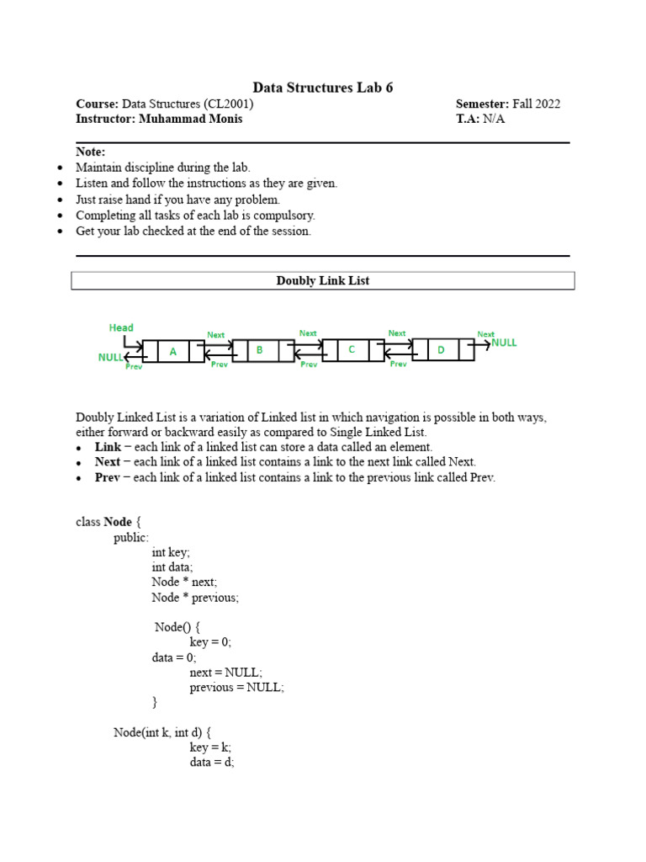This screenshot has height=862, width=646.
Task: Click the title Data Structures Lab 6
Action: [x=323, y=88]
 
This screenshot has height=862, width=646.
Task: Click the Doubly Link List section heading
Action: [x=323, y=281]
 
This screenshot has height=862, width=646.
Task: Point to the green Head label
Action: [x=121, y=327]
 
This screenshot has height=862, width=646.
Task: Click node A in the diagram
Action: [x=173, y=352]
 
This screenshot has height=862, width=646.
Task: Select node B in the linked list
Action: [x=261, y=350]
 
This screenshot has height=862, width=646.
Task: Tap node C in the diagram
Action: [x=352, y=349]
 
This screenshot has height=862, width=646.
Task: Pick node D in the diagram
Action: [x=441, y=350]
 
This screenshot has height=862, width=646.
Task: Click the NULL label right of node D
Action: [x=505, y=343]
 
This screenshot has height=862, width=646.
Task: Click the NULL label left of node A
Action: [x=110, y=358]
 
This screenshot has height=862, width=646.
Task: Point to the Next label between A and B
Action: [x=216, y=335]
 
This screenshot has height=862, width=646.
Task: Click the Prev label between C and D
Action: [x=398, y=364]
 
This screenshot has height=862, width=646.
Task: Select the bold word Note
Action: [x=90, y=152]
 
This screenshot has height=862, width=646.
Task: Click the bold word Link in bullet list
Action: [x=108, y=447]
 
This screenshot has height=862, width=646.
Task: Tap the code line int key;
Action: [x=171, y=552]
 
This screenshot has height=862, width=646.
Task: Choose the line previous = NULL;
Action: [x=236, y=687]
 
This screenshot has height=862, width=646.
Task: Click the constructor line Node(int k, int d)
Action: [x=162, y=732]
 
